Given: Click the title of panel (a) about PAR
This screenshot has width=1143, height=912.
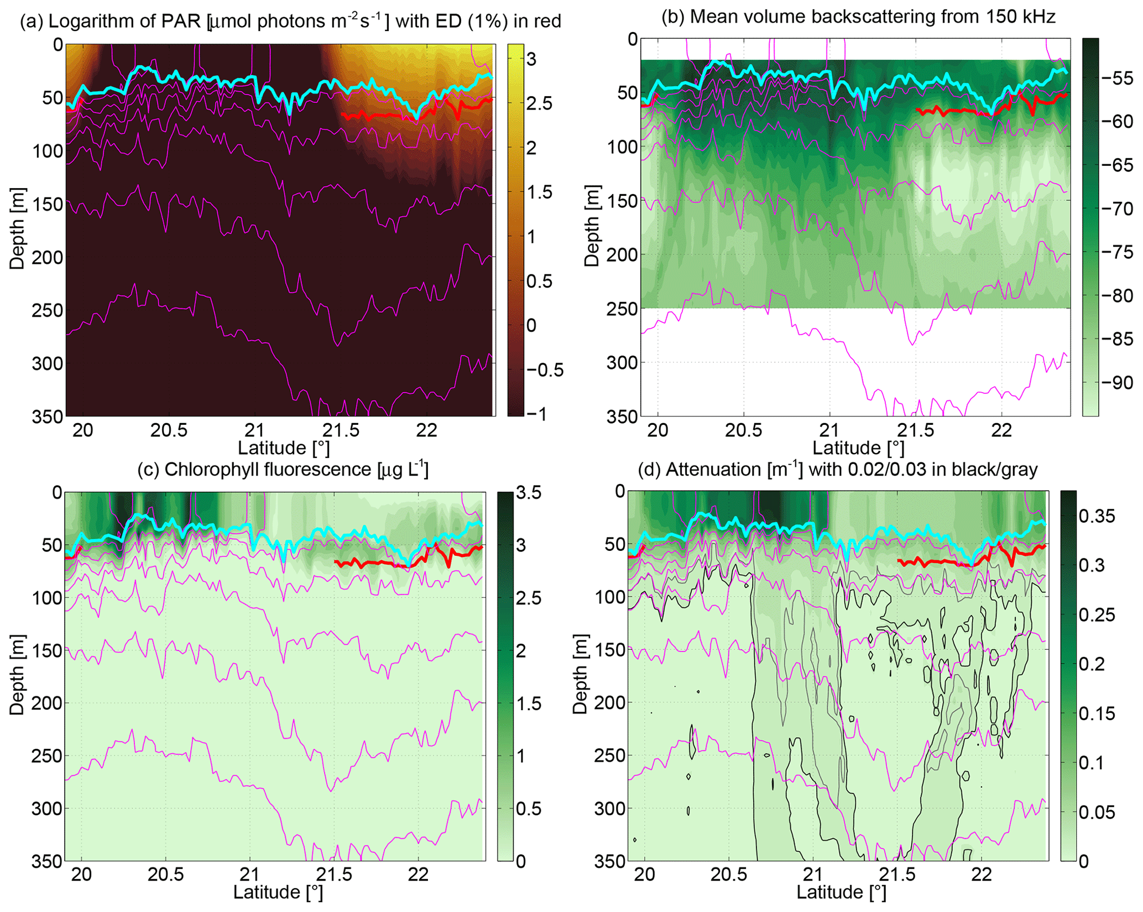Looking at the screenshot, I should [290, 21].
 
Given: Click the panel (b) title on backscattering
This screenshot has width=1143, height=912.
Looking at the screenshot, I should [858, 17].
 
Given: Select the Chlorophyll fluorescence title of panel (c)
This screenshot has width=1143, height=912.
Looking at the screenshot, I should [283, 469].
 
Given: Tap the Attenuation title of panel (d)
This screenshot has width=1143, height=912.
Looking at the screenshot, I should [838, 469].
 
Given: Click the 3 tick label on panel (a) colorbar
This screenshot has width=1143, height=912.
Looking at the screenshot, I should [531, 59].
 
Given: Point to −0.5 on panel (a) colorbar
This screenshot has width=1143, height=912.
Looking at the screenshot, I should [544, 370].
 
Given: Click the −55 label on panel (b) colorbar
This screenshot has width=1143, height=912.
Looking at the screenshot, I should [1116, 79].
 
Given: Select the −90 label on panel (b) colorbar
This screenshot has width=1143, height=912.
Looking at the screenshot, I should [1116, 383].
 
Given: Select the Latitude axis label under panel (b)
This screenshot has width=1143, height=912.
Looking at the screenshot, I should [858, 447].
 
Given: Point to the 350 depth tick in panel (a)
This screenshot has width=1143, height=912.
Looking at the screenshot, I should [48, 416].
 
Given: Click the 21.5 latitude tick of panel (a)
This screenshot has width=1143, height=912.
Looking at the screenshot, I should [341, 430].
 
